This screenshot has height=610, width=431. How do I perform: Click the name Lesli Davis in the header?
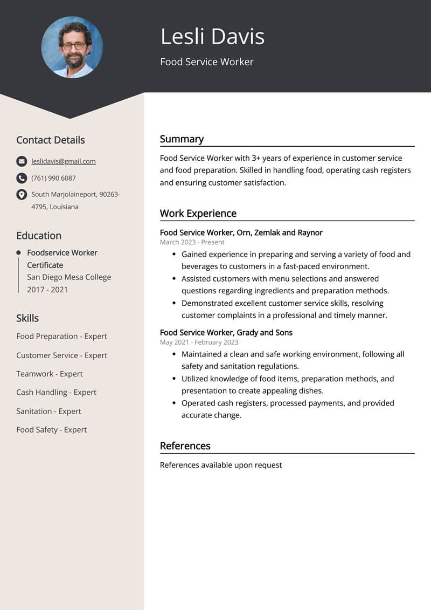pos(212,37)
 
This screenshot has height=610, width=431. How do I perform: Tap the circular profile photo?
pos(72,47)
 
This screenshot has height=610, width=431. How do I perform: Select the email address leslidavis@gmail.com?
pos(64,161)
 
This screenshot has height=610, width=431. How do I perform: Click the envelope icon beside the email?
pos(22,161)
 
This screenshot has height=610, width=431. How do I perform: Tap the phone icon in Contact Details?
pos(22,178)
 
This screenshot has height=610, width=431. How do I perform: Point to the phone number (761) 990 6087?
pos(53,178)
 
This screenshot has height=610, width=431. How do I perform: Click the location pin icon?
pos(22,195)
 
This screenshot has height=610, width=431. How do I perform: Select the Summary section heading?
pos(182,139)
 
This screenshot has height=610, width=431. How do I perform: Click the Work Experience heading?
pos(198,214)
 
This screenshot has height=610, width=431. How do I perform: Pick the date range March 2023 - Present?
pos(192,242)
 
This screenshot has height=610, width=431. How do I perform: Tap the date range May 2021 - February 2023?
pos(199,342)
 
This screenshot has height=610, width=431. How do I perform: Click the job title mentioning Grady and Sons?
pos(226,332)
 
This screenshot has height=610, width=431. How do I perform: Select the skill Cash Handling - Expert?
pos(56,392)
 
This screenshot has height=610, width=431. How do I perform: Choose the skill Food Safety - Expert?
pos(51,429)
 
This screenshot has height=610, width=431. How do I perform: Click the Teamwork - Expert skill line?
pos(49,373)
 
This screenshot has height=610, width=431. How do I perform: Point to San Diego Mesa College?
pos(69,277)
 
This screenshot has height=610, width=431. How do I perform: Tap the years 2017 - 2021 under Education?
pos(47,290)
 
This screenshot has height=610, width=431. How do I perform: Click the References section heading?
pos(185,446)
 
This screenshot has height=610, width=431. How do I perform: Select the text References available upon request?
pos(221,465)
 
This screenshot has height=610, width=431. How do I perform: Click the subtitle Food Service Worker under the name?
pos(206,62)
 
